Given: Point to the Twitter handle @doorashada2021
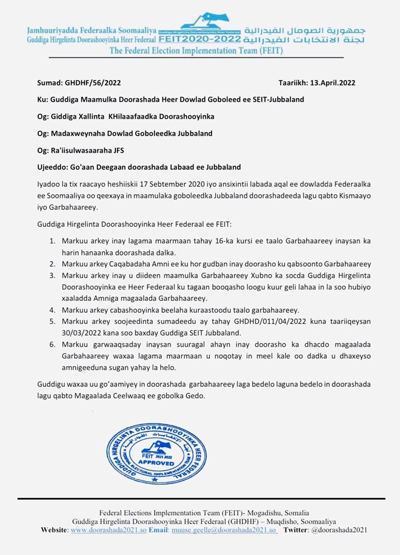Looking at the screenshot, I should click(x=339, y=530).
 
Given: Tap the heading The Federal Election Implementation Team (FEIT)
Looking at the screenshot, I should click(x=195, y=51).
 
